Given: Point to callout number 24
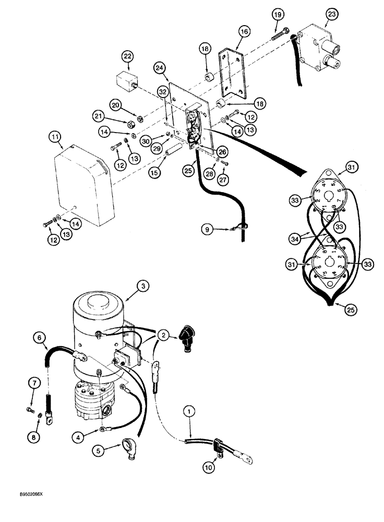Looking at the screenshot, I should [160, 67].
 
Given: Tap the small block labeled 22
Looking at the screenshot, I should [126, 81].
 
